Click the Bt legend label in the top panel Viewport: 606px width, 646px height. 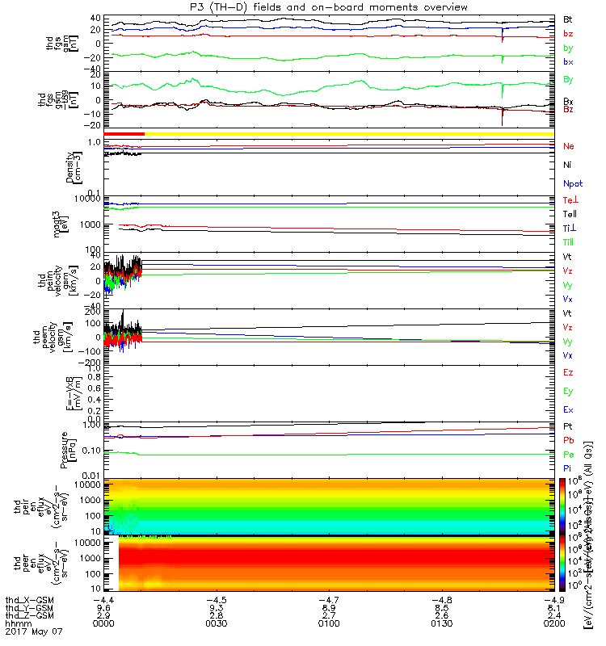coord(568,19)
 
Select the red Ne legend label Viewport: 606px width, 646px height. coord(569,146)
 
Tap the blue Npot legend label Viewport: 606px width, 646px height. coord(572,184)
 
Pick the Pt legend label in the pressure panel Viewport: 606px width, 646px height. coord(568,425)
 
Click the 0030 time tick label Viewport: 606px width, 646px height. coord(216,624)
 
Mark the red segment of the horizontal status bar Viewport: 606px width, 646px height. coord(124,133)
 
